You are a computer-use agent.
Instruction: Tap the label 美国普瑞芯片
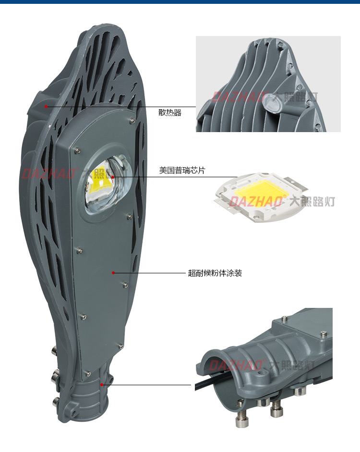(182, 171)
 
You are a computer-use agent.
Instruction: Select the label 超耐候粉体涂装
(215, 273)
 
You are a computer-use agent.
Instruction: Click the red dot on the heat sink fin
(46, 106)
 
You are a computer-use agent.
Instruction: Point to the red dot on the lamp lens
(113, 177)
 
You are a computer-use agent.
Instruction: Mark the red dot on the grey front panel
(113, 273)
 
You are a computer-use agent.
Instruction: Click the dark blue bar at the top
(180, 2)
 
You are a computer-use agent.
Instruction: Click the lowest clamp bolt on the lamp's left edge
(55, 400)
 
